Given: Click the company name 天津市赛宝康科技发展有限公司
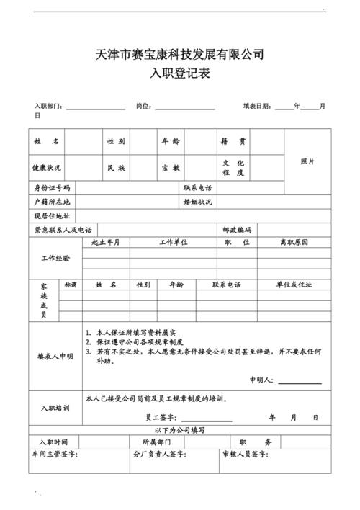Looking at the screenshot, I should click(180, 54).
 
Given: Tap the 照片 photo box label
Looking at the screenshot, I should click(307, 161).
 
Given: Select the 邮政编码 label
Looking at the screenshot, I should click(237, 230).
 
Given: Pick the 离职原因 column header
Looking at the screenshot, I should click(294, 242).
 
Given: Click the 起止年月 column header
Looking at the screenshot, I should click(106, 242).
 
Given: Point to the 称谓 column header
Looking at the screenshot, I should click(71, 285).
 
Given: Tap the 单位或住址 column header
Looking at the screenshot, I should click(294, 285).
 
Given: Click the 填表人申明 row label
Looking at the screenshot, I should click(55, 356).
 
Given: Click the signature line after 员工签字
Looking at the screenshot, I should click(207, 419).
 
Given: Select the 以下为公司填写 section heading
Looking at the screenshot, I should click(180, 430).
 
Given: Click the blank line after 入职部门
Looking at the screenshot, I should click(96, 109).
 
